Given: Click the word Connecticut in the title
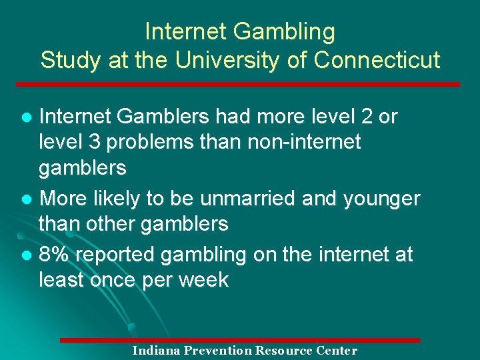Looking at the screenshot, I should click(377, 60).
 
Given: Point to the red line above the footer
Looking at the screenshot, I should click(240, 340).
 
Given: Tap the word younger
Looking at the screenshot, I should click(382, 199).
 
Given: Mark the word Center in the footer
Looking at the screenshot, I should click(339, 351).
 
